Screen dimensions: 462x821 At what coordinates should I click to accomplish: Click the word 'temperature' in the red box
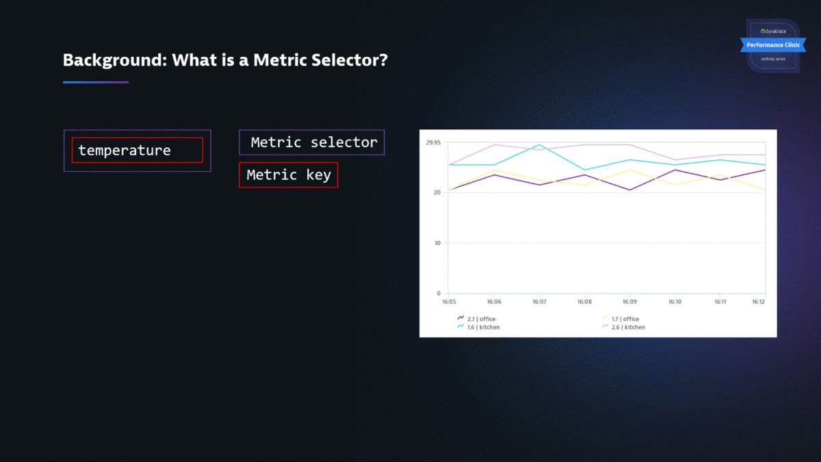(125, 151)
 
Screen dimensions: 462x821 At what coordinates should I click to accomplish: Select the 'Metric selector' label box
(312, 142)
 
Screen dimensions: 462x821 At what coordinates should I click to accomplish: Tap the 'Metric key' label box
(288, 175)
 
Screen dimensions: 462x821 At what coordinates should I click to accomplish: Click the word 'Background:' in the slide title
(114, 60)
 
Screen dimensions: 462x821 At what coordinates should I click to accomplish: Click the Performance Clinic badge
(772, 45)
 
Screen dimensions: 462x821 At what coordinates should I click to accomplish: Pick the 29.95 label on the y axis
(433, 143)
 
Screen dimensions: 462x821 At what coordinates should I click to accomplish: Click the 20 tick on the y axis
(436, 192)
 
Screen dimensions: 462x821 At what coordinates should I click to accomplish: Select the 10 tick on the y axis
(436, 243)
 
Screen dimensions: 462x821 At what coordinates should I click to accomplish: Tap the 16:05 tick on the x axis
(449, 301)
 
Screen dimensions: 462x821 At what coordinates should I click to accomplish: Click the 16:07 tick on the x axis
(539, 301)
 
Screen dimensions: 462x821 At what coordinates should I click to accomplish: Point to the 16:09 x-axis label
(629, 301)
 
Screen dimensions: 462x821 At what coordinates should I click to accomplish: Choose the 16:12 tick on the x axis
(758, 301)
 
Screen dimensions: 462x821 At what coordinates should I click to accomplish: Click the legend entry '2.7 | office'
(481, 319)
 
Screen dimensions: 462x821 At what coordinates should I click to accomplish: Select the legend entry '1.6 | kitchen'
(483, 327)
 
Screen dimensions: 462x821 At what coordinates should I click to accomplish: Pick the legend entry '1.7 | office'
(625, 319)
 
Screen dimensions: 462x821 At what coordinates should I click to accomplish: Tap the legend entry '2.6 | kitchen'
(627, 327)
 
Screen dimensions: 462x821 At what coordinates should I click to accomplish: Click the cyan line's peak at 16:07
(539, 144)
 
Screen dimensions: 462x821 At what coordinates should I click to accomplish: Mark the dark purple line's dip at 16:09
(629, 190)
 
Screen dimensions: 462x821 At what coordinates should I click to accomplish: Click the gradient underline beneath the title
(96, 82)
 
